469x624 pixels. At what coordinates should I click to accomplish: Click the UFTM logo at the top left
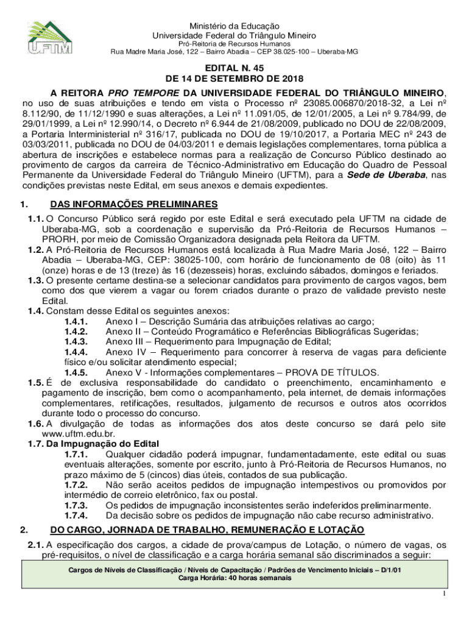(50, 38)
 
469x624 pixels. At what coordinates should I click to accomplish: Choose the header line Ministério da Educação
(234, 26)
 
